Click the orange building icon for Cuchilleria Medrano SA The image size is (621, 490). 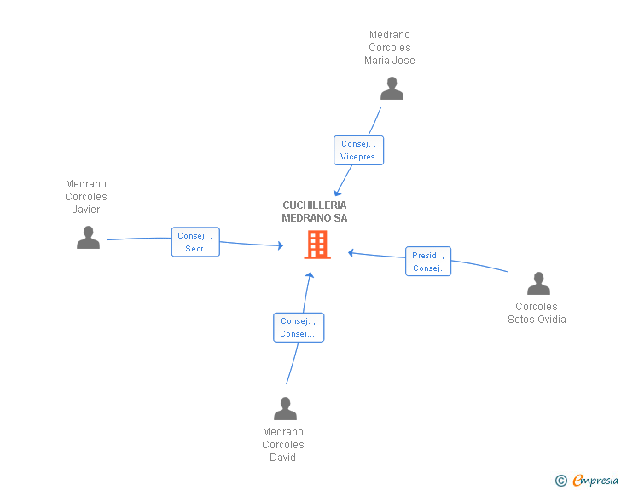pos(317,245)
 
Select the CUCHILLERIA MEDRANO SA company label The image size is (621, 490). pos(315,211)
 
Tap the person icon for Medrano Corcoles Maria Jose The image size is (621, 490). pos(392,89)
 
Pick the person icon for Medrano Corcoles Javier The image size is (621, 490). pos(88,238)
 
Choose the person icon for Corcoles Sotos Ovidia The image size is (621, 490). pos(538,284)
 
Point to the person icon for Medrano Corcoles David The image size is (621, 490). pos(285,409)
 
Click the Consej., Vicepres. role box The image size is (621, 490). pos(358,150)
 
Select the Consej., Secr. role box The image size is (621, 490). pos(195,242)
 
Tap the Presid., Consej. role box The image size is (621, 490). pos(427,262)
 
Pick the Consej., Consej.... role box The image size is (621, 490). pos(299,327)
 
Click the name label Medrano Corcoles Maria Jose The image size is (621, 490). pos(390,48)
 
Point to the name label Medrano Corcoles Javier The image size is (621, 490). pos(86,197)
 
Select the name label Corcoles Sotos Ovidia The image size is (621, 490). pos(537,313)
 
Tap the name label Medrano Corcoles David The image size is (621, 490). pos(283,445)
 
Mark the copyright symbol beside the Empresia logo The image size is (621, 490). pos(561,481)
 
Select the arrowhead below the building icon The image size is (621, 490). pos(310,276)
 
